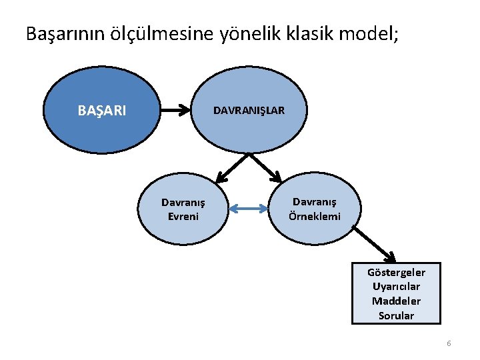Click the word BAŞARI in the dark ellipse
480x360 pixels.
point(101,111)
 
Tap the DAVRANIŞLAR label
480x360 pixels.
point(249,111)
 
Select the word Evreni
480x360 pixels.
point(183,216)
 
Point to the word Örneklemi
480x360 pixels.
point(315,216)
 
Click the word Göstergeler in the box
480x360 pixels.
point(396,272)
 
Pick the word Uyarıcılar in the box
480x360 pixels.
point(396,287)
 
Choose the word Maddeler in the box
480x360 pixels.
point(396,301)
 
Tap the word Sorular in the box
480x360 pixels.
point(396,316)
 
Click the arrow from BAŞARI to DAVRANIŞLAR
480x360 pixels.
point(176,111)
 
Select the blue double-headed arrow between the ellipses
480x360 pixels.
point(247,209)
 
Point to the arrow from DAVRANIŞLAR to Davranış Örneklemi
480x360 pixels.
point(265,167)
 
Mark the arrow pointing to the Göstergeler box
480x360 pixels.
point(373,243)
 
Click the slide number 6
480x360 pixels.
point(449,343)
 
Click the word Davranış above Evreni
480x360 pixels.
point(183,203)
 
